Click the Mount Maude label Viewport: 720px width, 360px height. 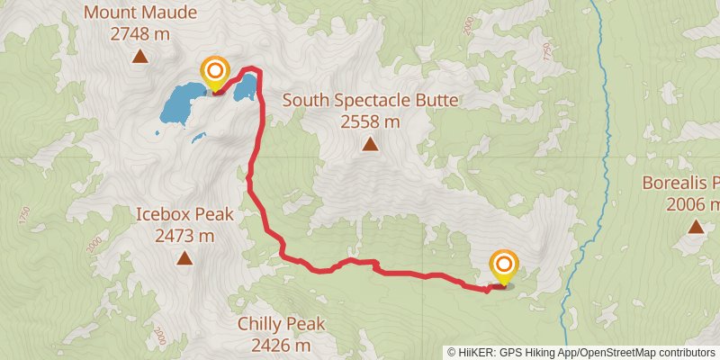(x=139, y=13)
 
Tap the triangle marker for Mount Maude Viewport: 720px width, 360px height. (x=139, y=58)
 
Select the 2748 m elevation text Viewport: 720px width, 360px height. (x=139, y=34)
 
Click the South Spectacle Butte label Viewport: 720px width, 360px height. (x=370, y=100)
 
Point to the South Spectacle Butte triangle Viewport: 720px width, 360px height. (x=369, y=144)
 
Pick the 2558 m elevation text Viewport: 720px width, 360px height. (x=370, y=121)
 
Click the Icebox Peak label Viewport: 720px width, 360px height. (x=184, y=214)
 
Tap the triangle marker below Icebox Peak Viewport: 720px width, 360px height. (x=184, y=259)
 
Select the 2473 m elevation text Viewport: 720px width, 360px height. (x=184, y=236)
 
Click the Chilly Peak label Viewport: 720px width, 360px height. (x=281, y=324)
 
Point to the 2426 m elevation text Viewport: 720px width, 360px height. (x=281, y=345)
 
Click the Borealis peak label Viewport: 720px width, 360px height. (x=681, y=183)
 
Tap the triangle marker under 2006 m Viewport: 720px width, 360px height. (x=696, y=227)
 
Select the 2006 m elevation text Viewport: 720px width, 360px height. (x=693, y=204)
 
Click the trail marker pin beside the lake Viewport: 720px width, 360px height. (x=215, y=72)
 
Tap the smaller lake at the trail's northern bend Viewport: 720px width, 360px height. (x=247, y=87)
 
